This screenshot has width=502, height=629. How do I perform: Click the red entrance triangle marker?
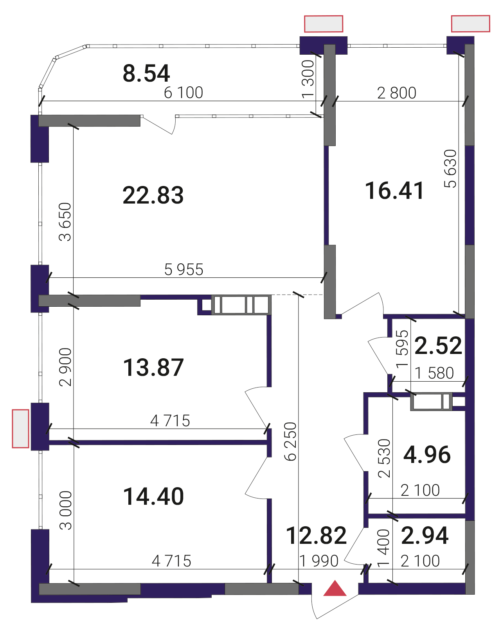click(335, 588)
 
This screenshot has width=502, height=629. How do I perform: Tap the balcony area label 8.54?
click(146, 73)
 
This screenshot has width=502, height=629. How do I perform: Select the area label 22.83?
click(153, 195)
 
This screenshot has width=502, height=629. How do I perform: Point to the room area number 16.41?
click(394, 191)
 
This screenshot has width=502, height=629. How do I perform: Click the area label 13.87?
click(153, 367)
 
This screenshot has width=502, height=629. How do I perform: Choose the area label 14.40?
click(153, 496)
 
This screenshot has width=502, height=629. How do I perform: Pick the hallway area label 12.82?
click(316, 536)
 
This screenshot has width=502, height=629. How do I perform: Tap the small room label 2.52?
click(438, 346)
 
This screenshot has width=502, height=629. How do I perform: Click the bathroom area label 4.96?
click(427, 455)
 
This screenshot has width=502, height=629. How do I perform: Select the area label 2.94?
click(425, 536)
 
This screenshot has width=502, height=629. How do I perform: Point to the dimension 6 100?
click(183, 93)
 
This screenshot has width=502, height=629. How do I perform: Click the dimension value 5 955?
click(184, 270)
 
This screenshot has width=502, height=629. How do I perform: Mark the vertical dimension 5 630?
click(450, 169)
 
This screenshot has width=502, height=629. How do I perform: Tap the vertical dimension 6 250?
click(291, 441)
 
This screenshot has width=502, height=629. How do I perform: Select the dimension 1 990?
click(319, 561)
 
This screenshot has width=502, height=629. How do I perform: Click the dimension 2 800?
click(397, 93)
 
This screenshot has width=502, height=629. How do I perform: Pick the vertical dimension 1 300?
click(308, 79)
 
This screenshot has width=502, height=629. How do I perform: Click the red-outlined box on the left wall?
click(20, 429)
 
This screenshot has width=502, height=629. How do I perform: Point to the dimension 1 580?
click(434, 373)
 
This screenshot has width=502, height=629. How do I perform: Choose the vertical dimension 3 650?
click(65, 222)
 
